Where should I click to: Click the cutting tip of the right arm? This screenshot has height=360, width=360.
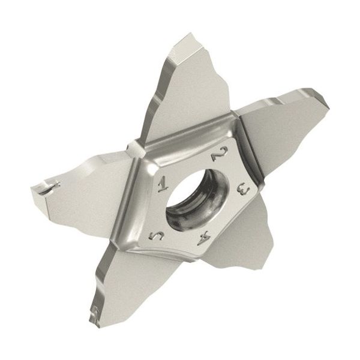pyautogui.click(x=321, y=96)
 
